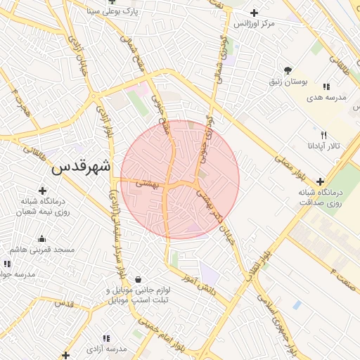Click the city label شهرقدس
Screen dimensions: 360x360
pos(82,167)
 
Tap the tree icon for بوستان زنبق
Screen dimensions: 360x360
pos(288,70)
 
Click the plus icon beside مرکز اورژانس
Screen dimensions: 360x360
pos(254,13)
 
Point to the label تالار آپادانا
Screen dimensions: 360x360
pos(323,146)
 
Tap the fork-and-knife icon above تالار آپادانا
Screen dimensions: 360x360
pos(323,134)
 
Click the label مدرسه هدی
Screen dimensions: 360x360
pos(327,97)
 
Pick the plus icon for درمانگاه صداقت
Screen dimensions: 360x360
pos(321,181)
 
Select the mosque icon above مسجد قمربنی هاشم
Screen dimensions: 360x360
pos(41,238)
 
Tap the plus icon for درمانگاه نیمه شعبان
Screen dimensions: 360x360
pos(42,190)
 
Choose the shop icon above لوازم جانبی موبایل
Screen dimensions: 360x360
pos(137,279)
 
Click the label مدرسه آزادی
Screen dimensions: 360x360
pos(107,349)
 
